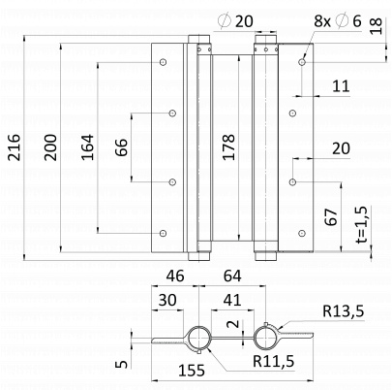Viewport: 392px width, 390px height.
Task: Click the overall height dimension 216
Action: coord(15,147)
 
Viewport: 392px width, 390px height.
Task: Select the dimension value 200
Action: coord(50,147)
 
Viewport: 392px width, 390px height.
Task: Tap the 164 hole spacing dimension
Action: coord(87,147)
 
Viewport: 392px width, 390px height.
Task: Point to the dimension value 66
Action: coord(122,147)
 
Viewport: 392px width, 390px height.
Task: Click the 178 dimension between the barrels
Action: coord(228,147)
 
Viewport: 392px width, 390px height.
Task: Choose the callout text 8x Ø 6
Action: coord(338,21)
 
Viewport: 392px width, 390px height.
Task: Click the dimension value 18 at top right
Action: coord(376,26)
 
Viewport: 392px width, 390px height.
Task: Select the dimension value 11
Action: coord(341,86)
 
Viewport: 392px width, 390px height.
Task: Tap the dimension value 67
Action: coord(332,217)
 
